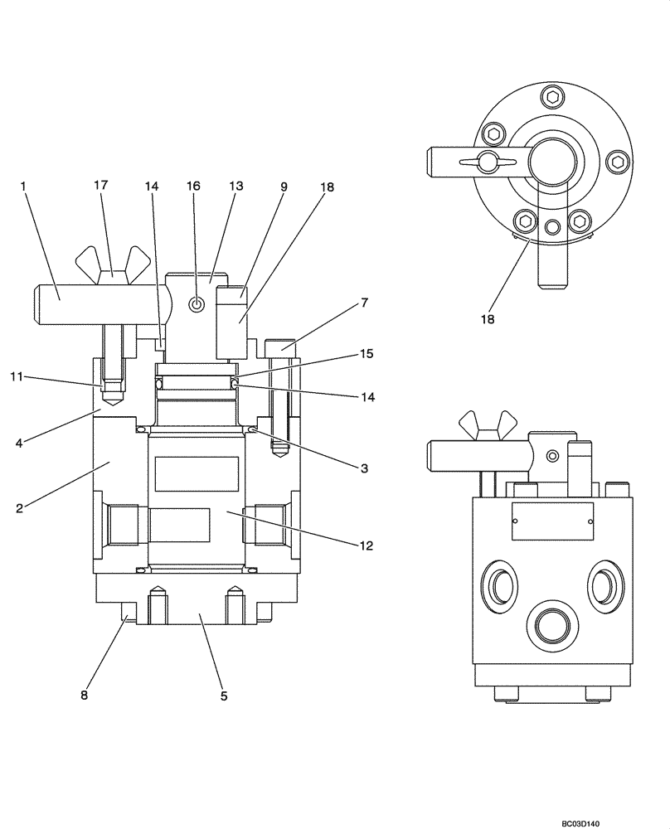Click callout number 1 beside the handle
24,187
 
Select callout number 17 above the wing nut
100,187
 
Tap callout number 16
193,187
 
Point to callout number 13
236,187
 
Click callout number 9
284,187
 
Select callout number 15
367,354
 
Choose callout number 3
363,468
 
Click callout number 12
367,545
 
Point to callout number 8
84,696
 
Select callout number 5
224,696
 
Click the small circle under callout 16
197,305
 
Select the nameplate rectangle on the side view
552,521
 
